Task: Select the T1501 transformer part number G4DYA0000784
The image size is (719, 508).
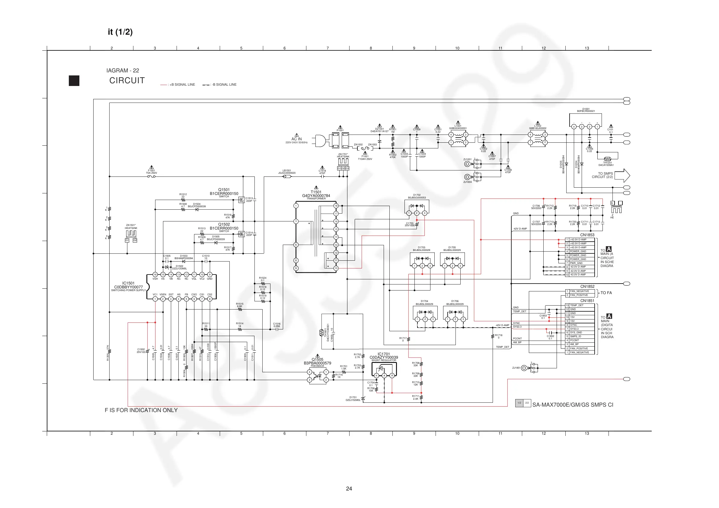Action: click(x=316, y=195)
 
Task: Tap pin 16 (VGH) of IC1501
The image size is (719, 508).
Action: click(x=155, y=275)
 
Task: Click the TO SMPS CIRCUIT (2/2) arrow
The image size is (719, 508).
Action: click(x=622, y=175)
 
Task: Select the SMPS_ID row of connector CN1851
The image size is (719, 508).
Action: click(x=580, y=336)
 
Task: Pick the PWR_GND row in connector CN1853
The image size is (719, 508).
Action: click(x=580, y=263)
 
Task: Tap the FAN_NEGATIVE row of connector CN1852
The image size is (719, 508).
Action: click(x=580, y=291)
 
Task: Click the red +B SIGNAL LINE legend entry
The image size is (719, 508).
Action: click(x=177, y=84)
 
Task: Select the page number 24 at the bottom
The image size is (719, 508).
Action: click(x=349, y=489)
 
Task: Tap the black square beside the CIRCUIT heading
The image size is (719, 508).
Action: click(x=74, y=81)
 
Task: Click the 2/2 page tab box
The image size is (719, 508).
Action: click(x=527, y=403)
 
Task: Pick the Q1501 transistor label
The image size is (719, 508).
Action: click(x=224, y=192)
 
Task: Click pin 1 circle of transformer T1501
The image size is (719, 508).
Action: click(x=296, y=206)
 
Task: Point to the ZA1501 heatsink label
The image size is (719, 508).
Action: click(x=131, y=227)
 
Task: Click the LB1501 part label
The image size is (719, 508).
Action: click(x=286, y=172)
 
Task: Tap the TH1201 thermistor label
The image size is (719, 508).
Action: click(x=607, y=164)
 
